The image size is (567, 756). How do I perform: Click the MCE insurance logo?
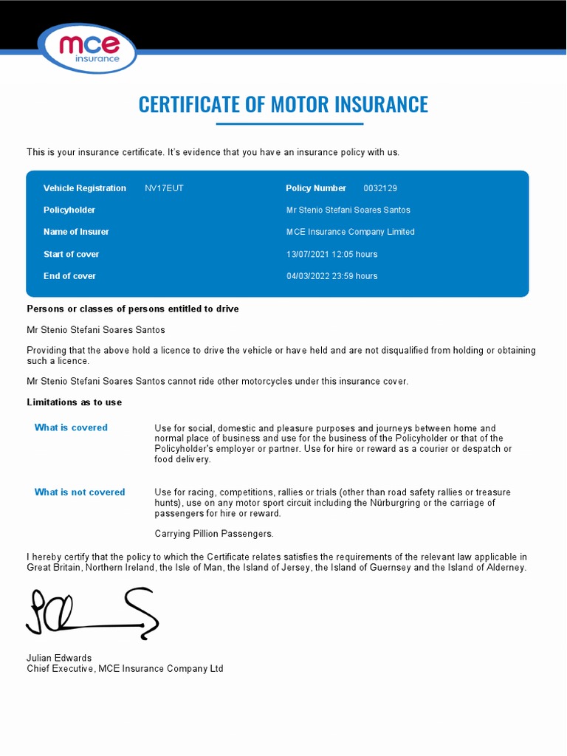tap(88, 49)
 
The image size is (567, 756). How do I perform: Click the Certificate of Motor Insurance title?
tap(283, 104)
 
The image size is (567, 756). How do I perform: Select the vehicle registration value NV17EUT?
tap(164, 188)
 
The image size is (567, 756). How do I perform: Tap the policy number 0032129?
tap(380, 188)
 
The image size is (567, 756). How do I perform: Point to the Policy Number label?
tap(316, 188)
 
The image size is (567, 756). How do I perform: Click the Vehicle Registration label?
tap(85, 188)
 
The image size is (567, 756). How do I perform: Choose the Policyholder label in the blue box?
tap(69, 210)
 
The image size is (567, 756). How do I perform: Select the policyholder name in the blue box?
tap(348, 210)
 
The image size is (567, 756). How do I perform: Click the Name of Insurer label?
tap(76, 232)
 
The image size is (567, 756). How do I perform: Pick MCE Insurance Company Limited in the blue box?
tap(351, 232)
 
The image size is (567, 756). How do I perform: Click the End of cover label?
tap(69, 276)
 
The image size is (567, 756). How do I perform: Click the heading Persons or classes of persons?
tap(133, 309)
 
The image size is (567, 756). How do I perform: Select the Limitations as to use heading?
tap(75, 402)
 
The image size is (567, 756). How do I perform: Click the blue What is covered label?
tap(71, 427)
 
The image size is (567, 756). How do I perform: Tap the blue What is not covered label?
tap(80, 492)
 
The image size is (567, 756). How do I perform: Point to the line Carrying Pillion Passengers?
tap(214, 534)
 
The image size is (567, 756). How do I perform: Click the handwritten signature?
tap(92, 613)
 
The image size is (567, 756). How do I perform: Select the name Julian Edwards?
tap(59, 658)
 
